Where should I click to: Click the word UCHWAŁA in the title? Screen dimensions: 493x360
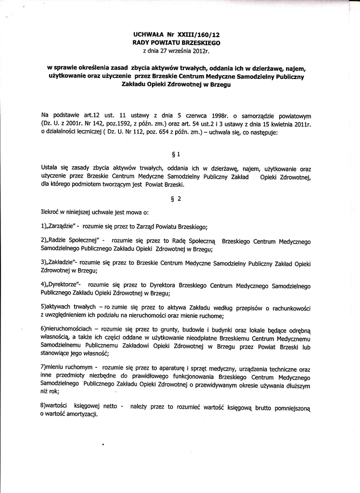click(x=149, y=35)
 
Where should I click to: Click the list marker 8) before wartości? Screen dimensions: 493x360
click(x=45, y=407)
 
